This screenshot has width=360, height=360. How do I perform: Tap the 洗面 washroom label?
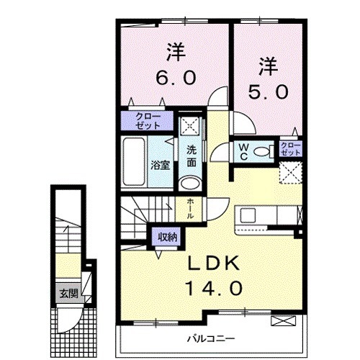192,156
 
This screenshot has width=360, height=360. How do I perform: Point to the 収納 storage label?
168,236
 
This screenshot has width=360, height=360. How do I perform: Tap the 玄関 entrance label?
65,293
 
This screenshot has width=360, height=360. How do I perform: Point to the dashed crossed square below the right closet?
291,172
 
